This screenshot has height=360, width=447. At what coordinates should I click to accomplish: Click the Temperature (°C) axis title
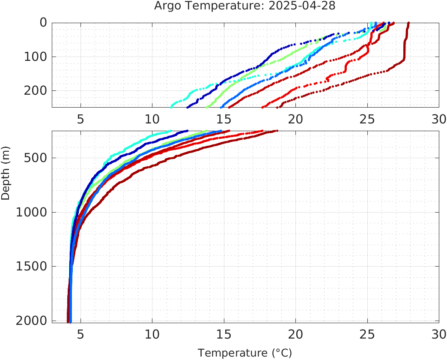(x=245, y=353)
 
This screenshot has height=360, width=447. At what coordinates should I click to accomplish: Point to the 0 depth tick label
(x=43, y=23)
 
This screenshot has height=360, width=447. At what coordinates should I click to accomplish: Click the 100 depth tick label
(x=35, y=57)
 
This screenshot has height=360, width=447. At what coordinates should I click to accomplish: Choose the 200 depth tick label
(x=35, y=90)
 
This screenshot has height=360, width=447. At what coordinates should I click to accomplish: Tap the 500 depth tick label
(x=35, y=158)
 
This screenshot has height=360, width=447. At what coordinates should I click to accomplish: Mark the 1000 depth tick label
(x=31, y=212)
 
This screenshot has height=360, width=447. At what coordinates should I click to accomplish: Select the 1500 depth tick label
(x=31, y=266)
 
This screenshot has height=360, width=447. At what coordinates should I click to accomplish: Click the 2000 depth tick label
(x=31, y=320)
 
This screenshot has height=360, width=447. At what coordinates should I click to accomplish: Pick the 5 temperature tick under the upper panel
(x=80, y=119)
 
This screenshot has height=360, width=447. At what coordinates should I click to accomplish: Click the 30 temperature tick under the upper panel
(x=438, y=119)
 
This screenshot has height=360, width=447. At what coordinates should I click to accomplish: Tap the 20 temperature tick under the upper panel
(x=295, y=119)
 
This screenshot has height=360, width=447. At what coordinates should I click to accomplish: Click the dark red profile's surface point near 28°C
(x=409, y=23)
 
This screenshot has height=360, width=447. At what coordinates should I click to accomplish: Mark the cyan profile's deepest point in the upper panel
(x=171, y=106)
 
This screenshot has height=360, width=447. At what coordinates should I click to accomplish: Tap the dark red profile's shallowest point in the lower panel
(x=277, y=131)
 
